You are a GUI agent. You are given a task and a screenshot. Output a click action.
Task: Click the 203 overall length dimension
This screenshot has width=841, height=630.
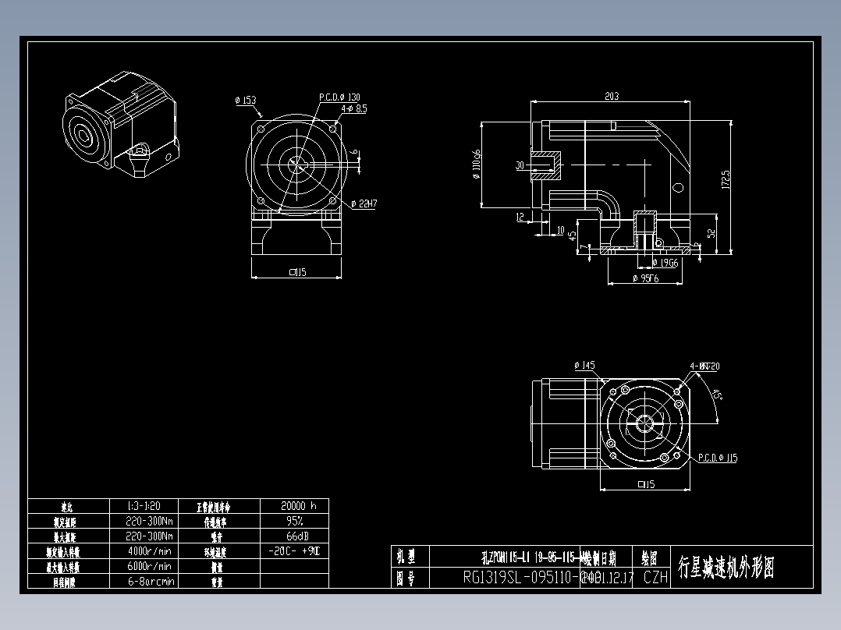click(x=611, y=96)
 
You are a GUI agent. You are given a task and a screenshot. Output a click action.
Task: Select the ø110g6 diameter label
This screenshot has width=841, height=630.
click(x=475, y=164)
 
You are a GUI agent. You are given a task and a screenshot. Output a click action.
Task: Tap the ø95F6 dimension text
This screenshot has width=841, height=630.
click(x=645, y=278)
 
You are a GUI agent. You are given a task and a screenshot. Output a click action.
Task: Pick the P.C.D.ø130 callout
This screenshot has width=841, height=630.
click(x=339, y=97)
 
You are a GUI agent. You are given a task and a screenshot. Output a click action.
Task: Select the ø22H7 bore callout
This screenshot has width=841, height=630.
click(x=364, y=204)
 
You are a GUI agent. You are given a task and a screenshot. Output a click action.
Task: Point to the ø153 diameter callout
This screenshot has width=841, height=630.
click(x=245, y=100)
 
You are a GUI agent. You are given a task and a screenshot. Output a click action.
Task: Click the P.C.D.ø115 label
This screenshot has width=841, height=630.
click(x=717, y=458)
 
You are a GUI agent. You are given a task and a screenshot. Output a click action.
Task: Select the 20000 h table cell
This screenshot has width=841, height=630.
click(x=293, y=505)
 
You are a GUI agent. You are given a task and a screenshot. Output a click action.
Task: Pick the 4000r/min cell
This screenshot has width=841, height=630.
click(x=149, y=550)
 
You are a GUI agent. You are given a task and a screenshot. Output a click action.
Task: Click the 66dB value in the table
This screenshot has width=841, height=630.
click(x=293, y=536)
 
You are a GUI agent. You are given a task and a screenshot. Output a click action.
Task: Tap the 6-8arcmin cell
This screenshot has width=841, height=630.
click(x=149, y=581)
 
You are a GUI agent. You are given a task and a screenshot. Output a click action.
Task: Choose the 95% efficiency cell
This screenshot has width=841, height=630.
click(x=293, y=521)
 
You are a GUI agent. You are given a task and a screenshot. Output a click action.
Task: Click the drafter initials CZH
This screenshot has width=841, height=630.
click(x=655, y=578)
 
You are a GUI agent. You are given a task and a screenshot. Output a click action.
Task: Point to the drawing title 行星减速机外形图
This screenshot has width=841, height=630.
click(x=726, y=568)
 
